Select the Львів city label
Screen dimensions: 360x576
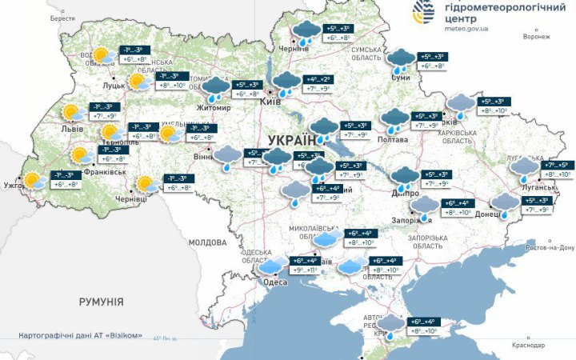pyautogui.click(x=62, y=128)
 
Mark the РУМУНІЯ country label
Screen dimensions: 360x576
pyautogui.click(x=101, y=302)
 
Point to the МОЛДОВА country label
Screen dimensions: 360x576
pyautogui.click(x=208, y=242)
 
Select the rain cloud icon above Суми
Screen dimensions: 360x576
pyautogui.click(x=400, y=59)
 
